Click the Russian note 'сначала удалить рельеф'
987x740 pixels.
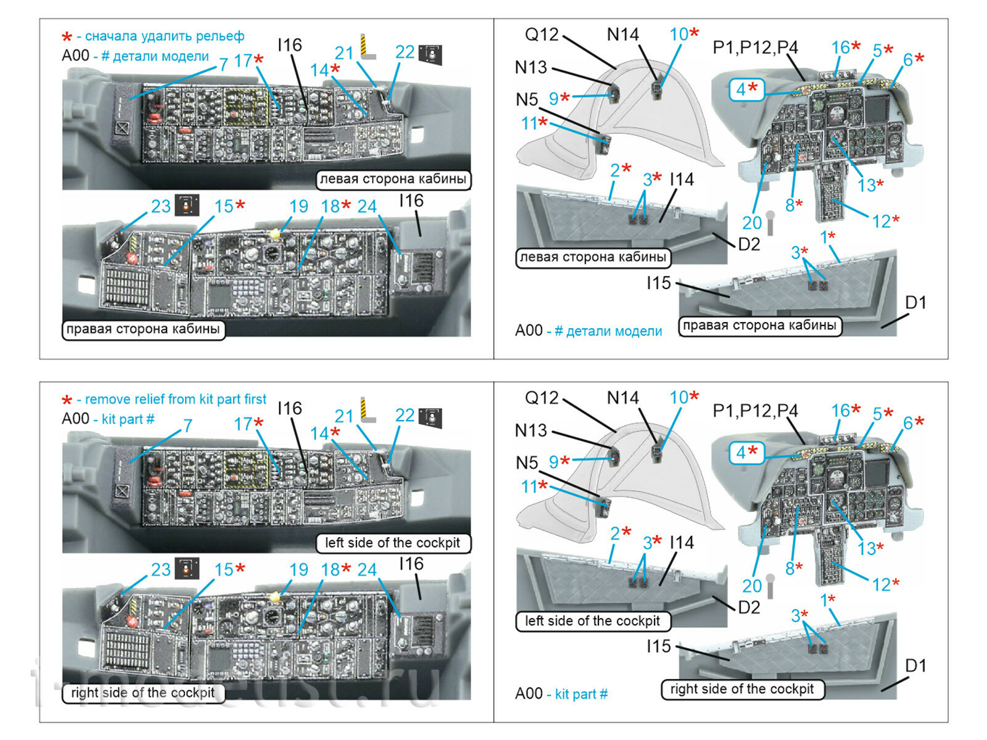(164, 36)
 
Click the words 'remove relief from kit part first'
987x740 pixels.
(175, 400)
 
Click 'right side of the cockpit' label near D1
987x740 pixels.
(742, 689)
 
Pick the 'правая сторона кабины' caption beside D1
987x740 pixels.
(759, 326)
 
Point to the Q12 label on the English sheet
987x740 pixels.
(541, 398)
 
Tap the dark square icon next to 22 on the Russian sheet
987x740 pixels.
(430, 54)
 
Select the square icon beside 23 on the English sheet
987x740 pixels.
(187, 568)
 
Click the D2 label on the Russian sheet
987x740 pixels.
(749, 244)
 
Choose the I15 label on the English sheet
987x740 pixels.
(658, 646)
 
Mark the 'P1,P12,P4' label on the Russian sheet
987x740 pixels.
(755, 47)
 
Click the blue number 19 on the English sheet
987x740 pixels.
(299, 570)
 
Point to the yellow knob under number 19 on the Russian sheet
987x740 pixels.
(275, 234)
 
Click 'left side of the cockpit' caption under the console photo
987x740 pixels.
(392, 543)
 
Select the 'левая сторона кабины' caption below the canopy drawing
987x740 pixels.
(592, 257)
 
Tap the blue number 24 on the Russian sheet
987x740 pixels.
(366, 207)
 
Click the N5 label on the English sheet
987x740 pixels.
(527, 462)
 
